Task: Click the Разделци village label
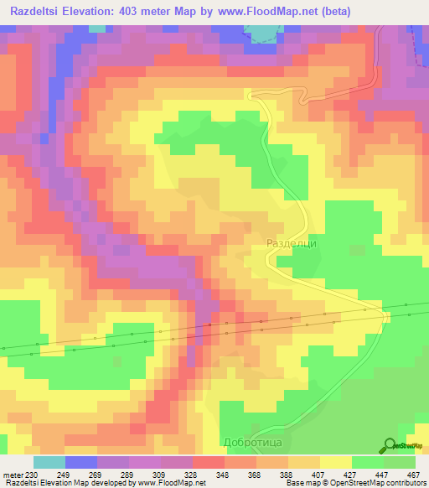pyautogui.click(x=291, y=243)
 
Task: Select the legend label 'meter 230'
pyautogui.click(x=18, y=474)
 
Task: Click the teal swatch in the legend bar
pyautogui.click(x=49, y=462)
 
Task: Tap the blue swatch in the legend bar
pyautogui.click(x=81, y=462)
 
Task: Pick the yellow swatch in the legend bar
pyautogui.click(x=336, y=462)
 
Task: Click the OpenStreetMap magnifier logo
pyautogui.click(x=390, y=445)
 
